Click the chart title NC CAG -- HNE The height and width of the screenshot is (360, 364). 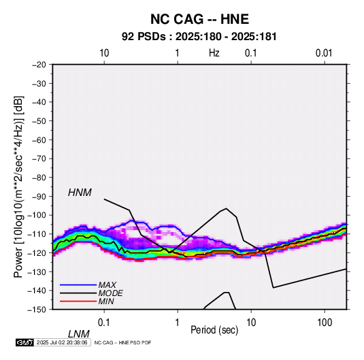tap(199, 19)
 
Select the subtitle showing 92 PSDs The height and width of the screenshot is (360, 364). tap(199, 37)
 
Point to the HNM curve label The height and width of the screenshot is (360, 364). tap(80, 193)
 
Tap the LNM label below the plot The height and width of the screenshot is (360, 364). tap(79, 334)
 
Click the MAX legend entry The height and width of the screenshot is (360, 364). tap(107, 284)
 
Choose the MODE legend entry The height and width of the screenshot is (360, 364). tap(110, 293)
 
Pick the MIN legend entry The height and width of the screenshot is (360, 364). tap(106, 301)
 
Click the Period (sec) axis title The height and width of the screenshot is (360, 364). tap(214, 330)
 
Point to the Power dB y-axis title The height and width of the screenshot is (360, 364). tap(18, 186)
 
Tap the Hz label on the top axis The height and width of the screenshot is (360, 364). tap(214, 53)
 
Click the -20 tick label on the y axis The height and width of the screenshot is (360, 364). tap(39, 65)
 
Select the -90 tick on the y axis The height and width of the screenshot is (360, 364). tap(39, 197)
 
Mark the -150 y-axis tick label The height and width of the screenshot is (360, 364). tap(37, 310)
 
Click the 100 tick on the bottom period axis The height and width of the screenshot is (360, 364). tap(325, 323)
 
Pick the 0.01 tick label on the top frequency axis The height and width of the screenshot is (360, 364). tap(324, 53)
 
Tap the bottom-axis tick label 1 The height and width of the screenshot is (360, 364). tap(178, 323)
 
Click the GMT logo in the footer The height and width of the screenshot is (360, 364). tap(25, 342)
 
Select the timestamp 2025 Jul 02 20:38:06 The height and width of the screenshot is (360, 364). tap(62, 342)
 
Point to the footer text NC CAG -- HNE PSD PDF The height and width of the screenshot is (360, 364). tap(122, 342)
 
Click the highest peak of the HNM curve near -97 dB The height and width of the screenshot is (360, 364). tap(227, 208)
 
